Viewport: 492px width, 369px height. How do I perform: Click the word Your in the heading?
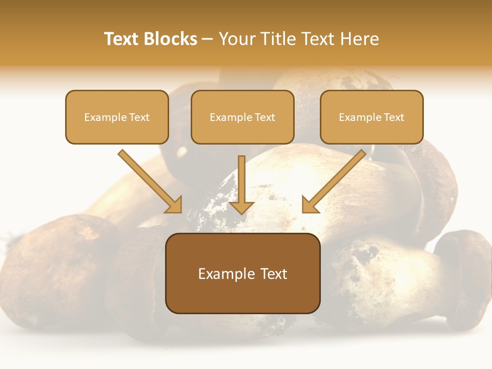coord(235,39)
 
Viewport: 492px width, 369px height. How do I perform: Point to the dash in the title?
coord(208,39)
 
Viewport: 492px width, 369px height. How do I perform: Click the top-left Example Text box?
coord(117,117)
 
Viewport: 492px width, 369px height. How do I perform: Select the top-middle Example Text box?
coord(242,117)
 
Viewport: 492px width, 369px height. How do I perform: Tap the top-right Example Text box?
coord(372,117)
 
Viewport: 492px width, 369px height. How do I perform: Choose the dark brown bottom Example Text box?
coord(242,273)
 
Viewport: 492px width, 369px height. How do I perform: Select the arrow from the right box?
coord(336,179)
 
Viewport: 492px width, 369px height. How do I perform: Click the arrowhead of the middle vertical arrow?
coord(241,207)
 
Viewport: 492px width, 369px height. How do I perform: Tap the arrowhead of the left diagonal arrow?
coord(174,205)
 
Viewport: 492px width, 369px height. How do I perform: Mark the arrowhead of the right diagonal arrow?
coord(310,205)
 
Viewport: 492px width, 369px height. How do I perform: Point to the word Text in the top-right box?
coord(394,117)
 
